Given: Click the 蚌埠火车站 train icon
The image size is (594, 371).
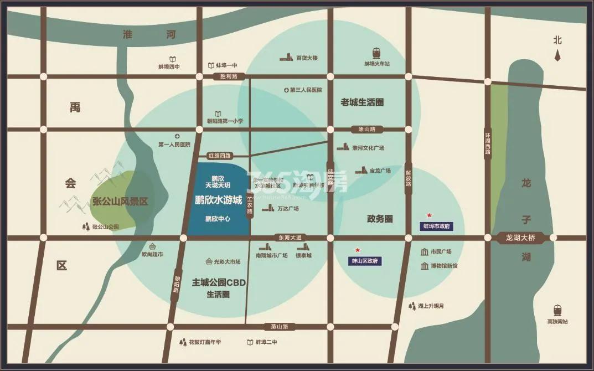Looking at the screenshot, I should tap(376, 53).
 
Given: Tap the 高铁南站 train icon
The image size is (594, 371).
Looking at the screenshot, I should tap(557, 310).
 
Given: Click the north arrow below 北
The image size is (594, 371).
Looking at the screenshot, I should tap(557, 54).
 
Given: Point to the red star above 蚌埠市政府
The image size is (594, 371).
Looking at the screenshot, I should tap(428, 215).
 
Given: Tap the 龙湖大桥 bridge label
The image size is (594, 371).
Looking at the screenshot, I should tap(520, 238).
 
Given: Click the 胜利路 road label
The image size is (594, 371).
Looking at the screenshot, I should tap(229, 76).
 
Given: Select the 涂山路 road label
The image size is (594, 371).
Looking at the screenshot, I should tap(367, 130).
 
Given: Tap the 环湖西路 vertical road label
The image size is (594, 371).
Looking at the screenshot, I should tap(488, 143).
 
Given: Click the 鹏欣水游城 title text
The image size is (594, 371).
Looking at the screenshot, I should tap(219, 200).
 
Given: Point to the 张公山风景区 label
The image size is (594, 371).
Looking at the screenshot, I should tap(120, 202).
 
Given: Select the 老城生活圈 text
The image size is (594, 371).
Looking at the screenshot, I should tap(362, 102).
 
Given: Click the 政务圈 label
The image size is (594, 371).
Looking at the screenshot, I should tap(380, 219).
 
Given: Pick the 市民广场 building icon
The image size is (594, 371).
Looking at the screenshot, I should tap(425, 252).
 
